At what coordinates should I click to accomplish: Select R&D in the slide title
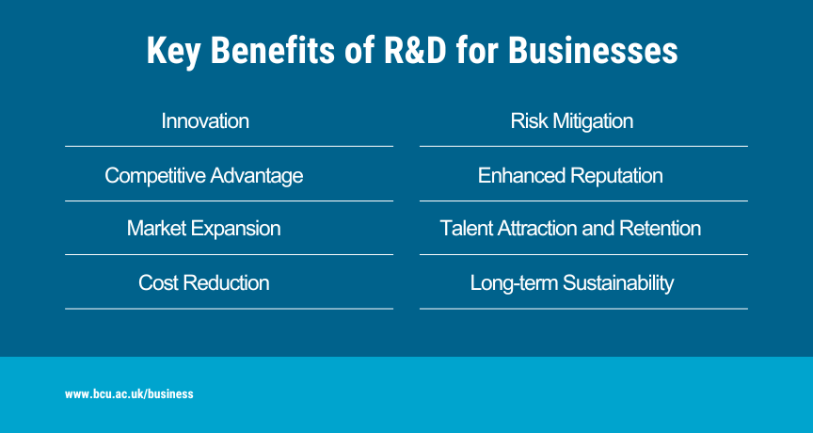414,50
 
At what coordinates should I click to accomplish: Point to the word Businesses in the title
593,50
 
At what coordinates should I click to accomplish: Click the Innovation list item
205,121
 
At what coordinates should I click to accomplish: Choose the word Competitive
155,176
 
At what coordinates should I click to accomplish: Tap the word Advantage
257,176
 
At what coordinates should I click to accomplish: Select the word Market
156,229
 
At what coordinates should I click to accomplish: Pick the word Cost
158,283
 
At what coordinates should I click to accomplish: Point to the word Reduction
226,283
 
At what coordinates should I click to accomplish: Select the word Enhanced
521,176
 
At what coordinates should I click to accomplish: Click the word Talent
466,229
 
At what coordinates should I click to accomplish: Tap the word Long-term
514,283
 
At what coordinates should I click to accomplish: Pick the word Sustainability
618,283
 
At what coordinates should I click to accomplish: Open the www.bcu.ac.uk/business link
129,394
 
